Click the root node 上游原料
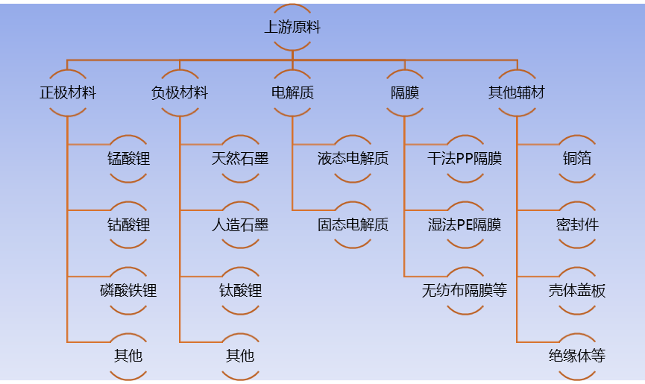pyautogui.click(x=292, y=28)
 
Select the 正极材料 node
pyautogui.click(x=68, y=93)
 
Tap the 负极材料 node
pyautogui.click(x=180, y=93)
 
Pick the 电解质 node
pyautogui.click(x=292, y=93)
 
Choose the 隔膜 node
pyautogui.click(x=405, y=93)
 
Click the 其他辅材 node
pyautogui.click(x=517, y=93)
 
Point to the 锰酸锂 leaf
pyautogui.click(x=128, y=159)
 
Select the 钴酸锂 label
pyautogui.click(x=128, y=224)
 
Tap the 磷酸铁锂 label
pyautogui.click(x=128, y=290)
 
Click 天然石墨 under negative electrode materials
pyautogui.click(x=240, y=159)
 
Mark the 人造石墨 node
pyautogui.click(x=240, y=224)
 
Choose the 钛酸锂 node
pyautogui.click(x=240, y=290)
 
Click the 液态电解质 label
pyautogui.click(x=353, y=159)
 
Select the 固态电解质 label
pyautogui.click(x=353, y=224)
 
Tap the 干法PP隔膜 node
pyautogui.click(x=465, y=159)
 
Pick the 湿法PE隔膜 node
pyautogui.click(x=465, y=224)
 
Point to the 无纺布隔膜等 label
pyautogui.click(x=465, y=290)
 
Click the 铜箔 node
pyautogui.click(x=577, y=159)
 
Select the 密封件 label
pyautogui.click(x=577, y=224)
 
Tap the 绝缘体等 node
pyautogui.click(x=577, y=356)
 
